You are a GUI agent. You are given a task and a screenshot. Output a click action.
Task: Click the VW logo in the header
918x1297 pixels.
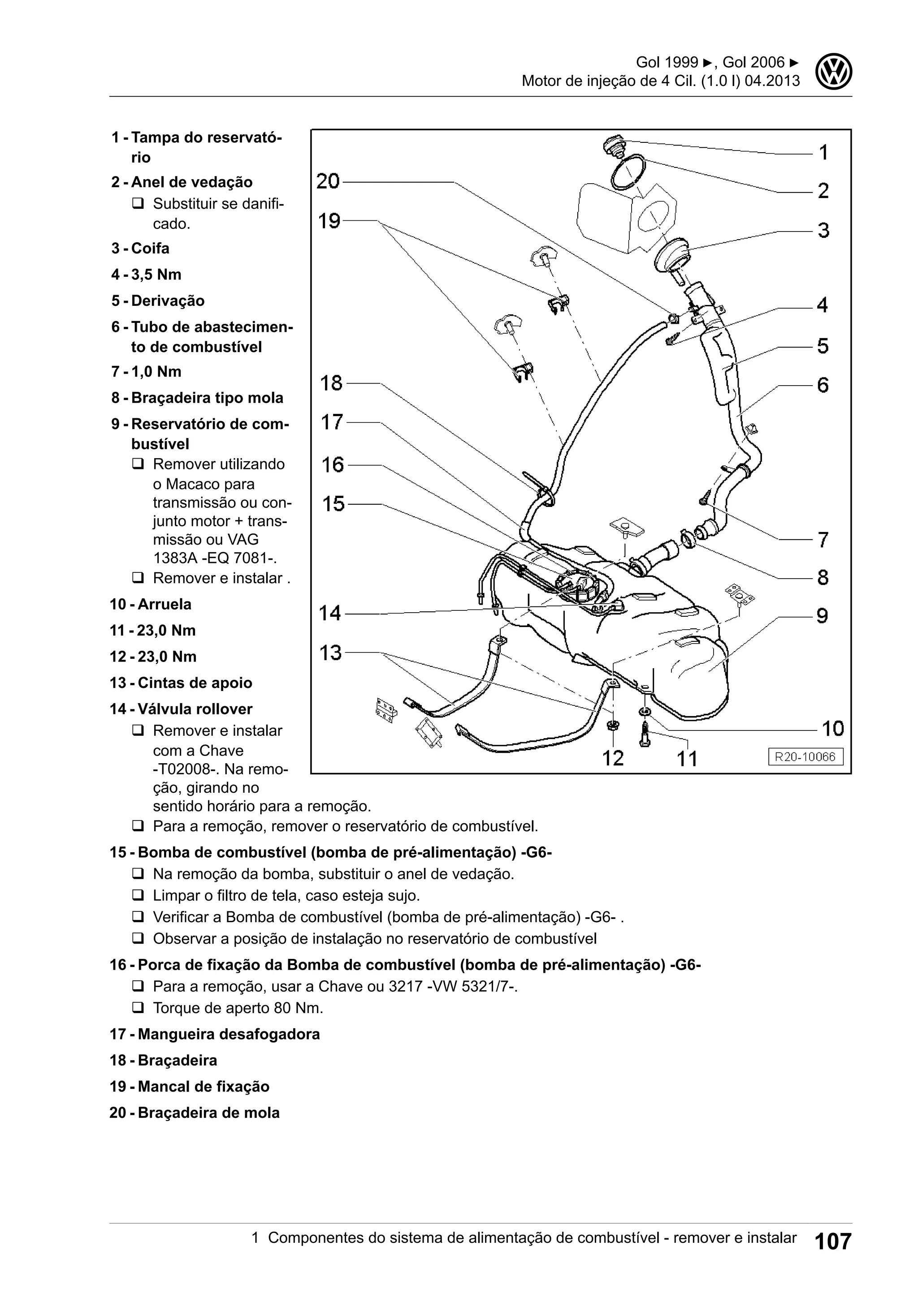(x=834, y=72)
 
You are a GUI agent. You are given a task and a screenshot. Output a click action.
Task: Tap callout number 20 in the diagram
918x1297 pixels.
(x=328, y=182)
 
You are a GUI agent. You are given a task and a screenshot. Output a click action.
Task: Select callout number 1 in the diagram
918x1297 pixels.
(x=823, y=153)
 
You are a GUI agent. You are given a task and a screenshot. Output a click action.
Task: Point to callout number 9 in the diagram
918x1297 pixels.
(x=823, y=616)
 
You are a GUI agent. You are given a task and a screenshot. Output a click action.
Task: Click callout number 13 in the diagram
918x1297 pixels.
(x=331, y=653)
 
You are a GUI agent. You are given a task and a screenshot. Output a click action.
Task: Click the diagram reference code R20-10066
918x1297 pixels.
(x=805, y=757)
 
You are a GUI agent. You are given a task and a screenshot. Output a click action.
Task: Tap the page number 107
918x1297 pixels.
(x=833, y=1241)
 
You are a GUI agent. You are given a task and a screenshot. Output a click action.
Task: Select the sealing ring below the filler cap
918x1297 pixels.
(x=628, y=172)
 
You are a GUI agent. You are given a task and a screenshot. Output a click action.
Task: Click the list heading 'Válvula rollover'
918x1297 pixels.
(x=195, y=709)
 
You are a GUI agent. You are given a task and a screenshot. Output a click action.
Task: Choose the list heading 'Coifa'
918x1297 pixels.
(x=150, y=249)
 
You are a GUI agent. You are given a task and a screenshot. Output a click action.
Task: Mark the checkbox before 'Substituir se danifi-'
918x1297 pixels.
(x=138, y=203)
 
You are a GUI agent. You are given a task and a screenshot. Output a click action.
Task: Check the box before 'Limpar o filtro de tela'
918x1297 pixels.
(x=138, y=895)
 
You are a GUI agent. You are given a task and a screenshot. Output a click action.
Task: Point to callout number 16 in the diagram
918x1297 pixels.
(x=333, y=465)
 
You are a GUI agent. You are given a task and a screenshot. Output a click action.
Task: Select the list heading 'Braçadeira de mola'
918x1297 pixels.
(x=208, y=1113)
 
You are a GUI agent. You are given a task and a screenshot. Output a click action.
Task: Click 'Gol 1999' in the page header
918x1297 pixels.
(x=667, y=62)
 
